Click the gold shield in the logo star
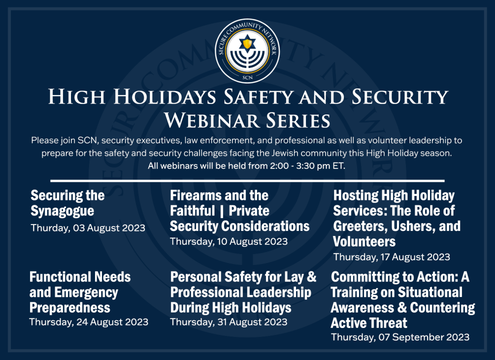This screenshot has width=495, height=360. [247, 43]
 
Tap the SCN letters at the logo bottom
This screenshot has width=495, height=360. [247, 77]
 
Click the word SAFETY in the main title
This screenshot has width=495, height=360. [258, 96]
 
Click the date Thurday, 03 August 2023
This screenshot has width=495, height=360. [88, 228]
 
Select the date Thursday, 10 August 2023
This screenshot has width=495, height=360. [228, 241]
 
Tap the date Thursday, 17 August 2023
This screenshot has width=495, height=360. [391, 257]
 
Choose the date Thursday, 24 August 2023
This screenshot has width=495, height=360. [88, 322]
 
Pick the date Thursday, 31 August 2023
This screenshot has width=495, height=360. [228, 322]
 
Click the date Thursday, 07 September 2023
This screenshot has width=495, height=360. [400, 337]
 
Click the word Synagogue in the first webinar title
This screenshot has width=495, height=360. [62, 211]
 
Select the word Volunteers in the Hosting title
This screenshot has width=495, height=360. [364, 242]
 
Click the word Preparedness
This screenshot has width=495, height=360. [70, 308]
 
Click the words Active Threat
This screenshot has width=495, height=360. [368, 323]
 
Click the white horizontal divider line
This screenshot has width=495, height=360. [247, 181]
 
